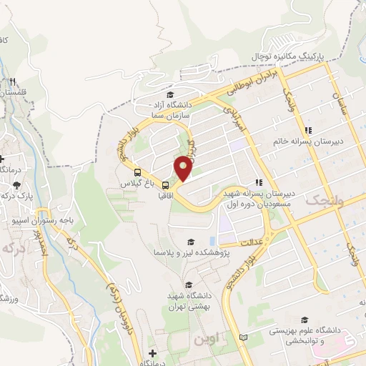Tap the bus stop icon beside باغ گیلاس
137,172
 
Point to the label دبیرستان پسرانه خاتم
307,141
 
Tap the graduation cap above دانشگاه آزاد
169,94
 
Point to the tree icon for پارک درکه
17,184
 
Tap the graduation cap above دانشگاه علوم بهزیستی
305,320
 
